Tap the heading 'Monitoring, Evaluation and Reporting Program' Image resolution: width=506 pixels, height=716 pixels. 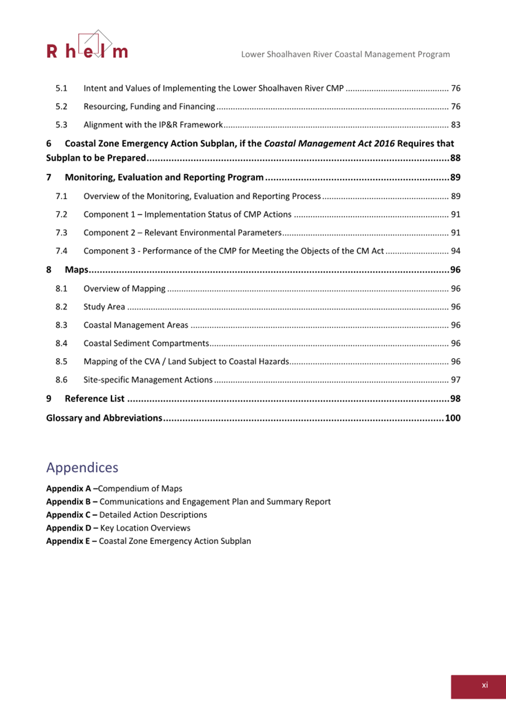tap(164, 178)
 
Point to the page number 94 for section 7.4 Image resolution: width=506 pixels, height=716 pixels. tap(456, 251)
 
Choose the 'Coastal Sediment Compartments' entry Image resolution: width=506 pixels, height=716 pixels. tap(146, 343)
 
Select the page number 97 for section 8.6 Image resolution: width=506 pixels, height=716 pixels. tap(456, 380)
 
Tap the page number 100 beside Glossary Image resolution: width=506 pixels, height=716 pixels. tap(453, 418)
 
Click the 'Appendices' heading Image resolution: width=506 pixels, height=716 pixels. tap(82, 467)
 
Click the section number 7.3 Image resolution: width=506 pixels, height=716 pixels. tap(62, 233)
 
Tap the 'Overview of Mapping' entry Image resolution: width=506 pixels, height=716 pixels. tap(124, 289)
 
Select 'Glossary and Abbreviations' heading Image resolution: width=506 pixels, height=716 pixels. tap(104, 418)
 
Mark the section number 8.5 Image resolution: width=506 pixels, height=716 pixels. tap(62, 361)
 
